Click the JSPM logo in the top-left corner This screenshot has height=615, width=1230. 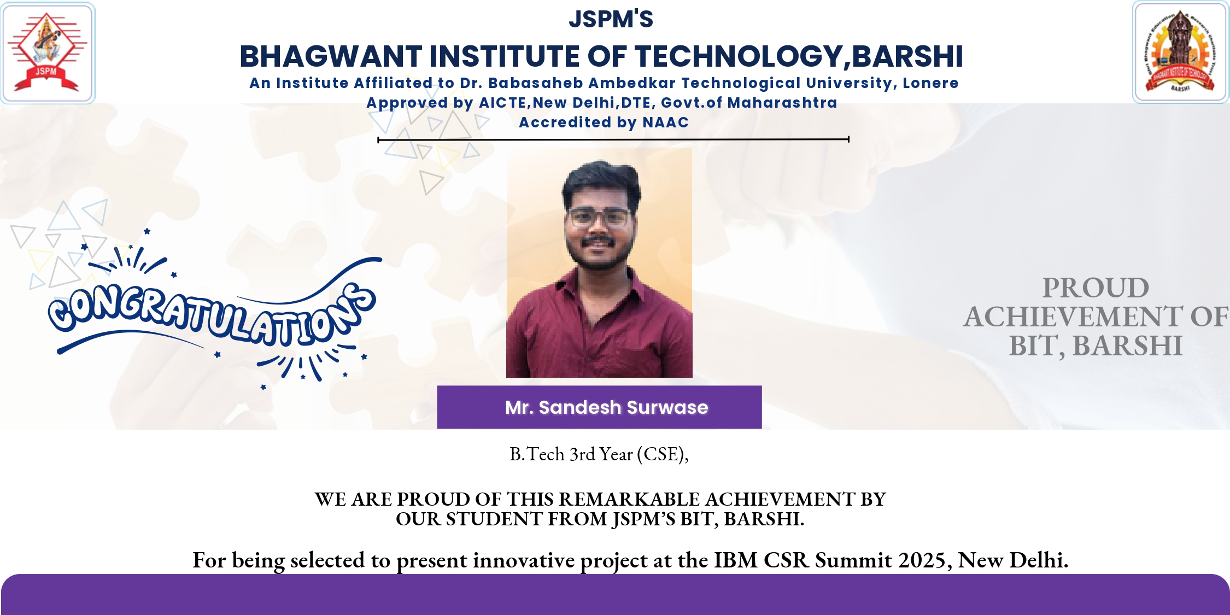(48, 52)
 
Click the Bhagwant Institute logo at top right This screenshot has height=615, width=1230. (1181, 52)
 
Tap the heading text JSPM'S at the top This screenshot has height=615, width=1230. (611, 19)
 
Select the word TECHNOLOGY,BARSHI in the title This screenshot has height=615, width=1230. (799, 57)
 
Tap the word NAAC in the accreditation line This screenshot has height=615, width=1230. (665, 122)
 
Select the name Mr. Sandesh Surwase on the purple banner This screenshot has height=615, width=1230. (606, 407)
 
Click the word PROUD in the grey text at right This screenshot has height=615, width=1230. (1096, 288)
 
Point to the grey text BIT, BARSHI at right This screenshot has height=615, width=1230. (1096, 346)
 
